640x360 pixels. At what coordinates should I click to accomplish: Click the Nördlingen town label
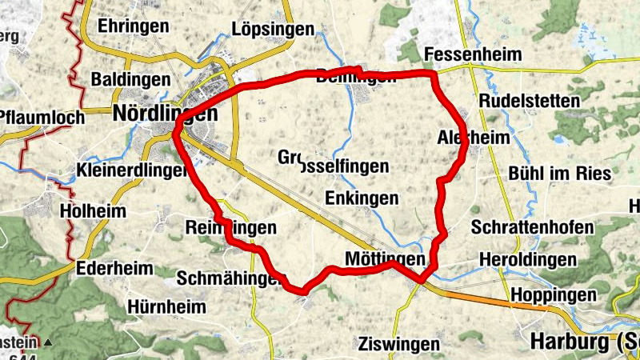pos(166,113)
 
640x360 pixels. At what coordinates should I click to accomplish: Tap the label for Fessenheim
pos(473,54)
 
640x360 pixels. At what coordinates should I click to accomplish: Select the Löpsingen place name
pos(273,30)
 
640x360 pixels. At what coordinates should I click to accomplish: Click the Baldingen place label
pos(130,79)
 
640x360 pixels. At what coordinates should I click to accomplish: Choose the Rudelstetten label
pos(529,102)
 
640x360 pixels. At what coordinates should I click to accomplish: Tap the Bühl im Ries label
pos(559,174)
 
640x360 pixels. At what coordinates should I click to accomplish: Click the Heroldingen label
pos(527,260)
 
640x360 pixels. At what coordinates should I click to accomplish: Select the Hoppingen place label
pos(554,293)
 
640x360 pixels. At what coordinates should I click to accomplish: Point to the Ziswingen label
pos(398,344)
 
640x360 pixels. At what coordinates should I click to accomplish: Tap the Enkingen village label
pos(362,198)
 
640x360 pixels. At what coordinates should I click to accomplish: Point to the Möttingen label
pos(382,259)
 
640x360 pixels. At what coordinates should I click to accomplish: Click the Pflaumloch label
pos(42,118)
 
